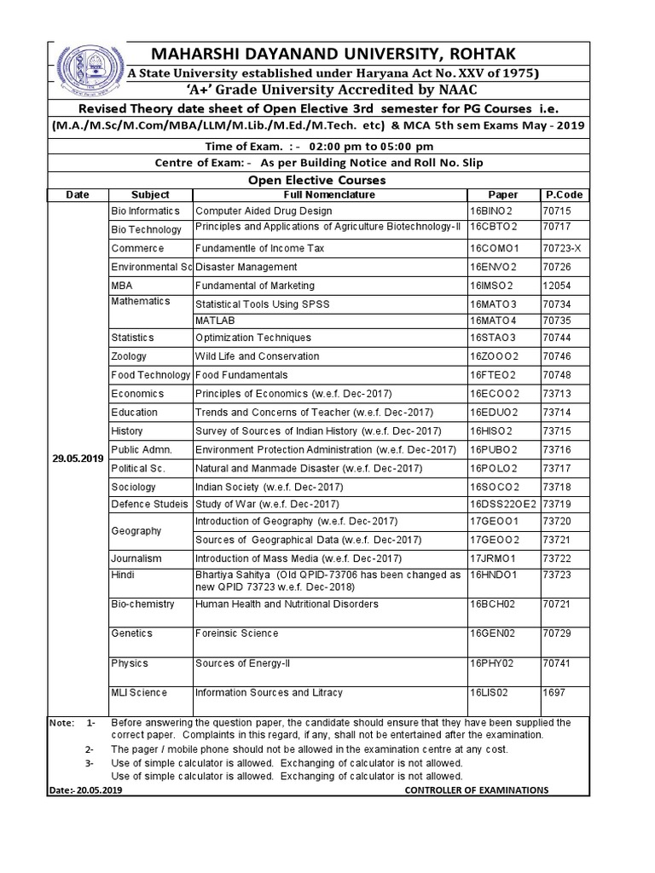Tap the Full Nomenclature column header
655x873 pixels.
[328, 194]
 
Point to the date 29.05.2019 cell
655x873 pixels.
[76, 459]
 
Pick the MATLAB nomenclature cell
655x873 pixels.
[217, 320]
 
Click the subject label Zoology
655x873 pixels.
[129, 356]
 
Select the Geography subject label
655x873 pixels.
[136, 531]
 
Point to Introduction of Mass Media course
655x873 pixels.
[298, 558]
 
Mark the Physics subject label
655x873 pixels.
[130, 663]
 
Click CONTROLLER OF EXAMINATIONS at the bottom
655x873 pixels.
[475, 790]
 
